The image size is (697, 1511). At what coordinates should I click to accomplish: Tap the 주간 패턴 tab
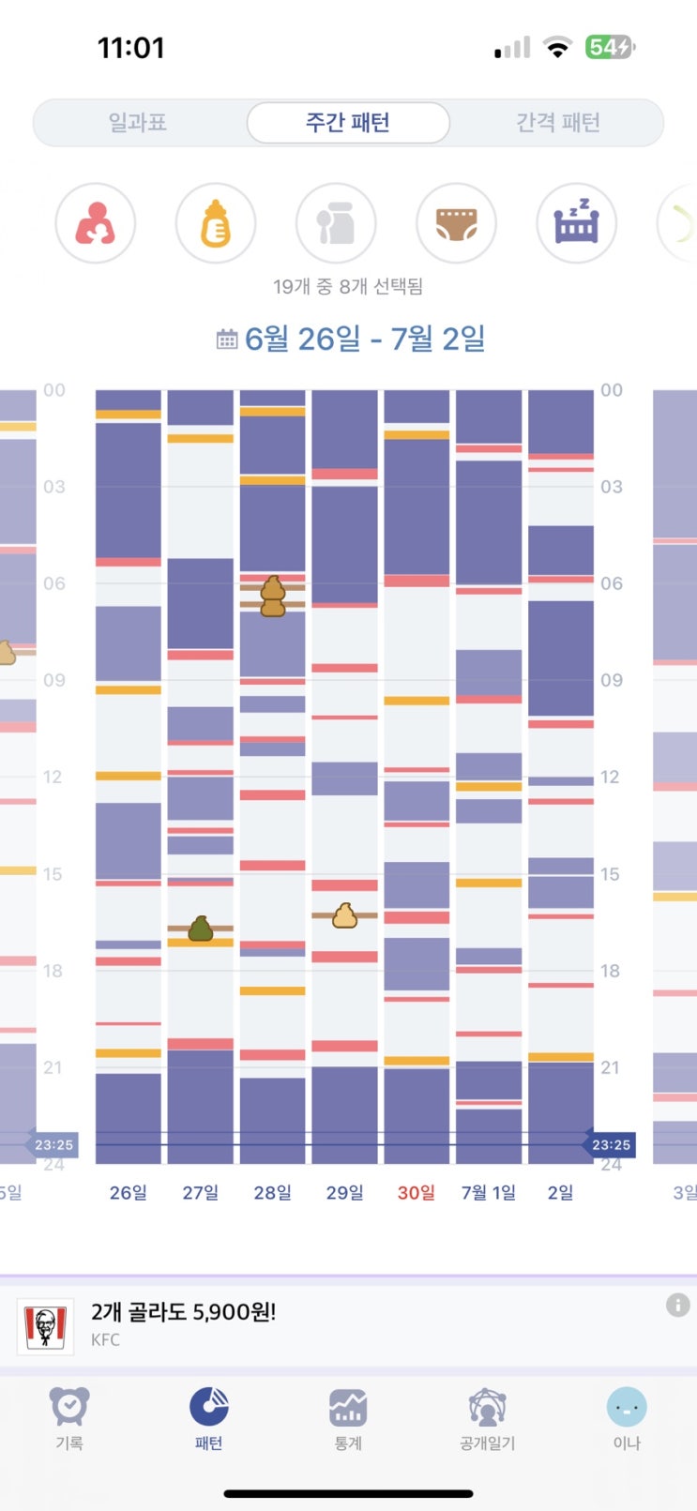pyautogui.click(x=348, y=123)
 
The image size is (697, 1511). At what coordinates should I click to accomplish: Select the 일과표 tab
pyautogui.click(x=138, y=123)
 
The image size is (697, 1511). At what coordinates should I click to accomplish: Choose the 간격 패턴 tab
pyautogui.click(x=557, y=123)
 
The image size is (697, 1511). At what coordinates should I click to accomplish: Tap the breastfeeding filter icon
pyautogui.click(x=96, y=223)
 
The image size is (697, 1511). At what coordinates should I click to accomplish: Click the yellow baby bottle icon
pyautogui.click(x=216, y=223)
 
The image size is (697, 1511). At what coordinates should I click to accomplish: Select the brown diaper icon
pyautogui.click(x=456, y=223)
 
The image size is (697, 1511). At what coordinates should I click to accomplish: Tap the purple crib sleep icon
pyautogui.click(x=576, y=223)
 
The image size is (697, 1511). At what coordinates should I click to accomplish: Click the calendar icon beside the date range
pyautogui.click(x=227, y=339)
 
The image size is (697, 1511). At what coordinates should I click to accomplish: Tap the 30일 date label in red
pyautogui.click(x=417, y=1192)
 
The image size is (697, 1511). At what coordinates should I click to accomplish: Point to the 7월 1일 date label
pyautogui.click(x=489, y=1192)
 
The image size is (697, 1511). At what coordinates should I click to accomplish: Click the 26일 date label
pyautogui.click(x=129, y=1192)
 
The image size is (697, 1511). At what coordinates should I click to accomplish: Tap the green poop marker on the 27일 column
pyautogui.click(x=201, y=929)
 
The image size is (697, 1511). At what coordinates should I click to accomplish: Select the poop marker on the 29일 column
pyautogui.click(x=345, y=914)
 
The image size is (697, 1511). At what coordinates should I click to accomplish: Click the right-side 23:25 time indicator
pyautogui.click(x=610, y=1144)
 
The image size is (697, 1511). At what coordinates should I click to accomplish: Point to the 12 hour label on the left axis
pyautogui.click(x=53, y=777)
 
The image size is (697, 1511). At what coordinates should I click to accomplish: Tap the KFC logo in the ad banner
pyautogui.click(x=46, y=1326)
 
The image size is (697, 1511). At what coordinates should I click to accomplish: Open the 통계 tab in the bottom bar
pyautogui.click(x=348, y=1416)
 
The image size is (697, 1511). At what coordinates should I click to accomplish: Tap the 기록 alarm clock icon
pyautogui.click(x=69, y=1407)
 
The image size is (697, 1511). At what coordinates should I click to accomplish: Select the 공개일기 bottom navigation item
pyautogui.click(x=487, y=1416)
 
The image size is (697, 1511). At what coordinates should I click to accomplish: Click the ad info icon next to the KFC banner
pyautogui.click(x=677, y=1305)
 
